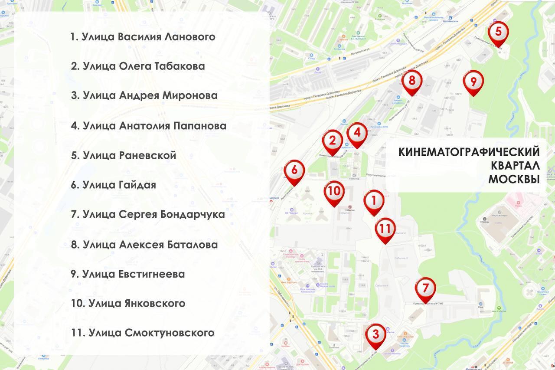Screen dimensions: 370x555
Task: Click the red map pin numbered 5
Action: coord(498,32)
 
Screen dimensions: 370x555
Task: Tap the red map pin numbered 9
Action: coord(473,81)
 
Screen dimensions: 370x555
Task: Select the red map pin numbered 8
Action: coord(411,80)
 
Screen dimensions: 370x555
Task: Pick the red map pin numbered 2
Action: coord(333,141)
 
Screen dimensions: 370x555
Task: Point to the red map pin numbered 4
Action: coord(357,133)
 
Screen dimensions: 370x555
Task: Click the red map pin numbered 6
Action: coord(294,170)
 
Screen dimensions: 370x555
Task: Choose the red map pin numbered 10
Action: coord(334,191)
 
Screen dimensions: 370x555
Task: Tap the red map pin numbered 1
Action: coord(374,200)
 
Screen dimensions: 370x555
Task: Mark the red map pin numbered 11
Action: coord(385,229)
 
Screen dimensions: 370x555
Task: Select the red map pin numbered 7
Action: coord(425,288)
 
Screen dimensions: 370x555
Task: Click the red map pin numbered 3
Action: coord(375,334)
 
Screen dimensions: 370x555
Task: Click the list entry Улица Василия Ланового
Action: coord(143,36)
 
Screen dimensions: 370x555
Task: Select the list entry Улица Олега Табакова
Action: coord(138,66)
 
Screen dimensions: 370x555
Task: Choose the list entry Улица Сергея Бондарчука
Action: coord(148,214)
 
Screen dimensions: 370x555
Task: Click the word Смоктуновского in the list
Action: coord(169,333)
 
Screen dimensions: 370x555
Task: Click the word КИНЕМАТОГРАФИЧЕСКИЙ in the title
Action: coord(469,152)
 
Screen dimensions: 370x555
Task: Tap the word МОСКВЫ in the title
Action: coord(514,179)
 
